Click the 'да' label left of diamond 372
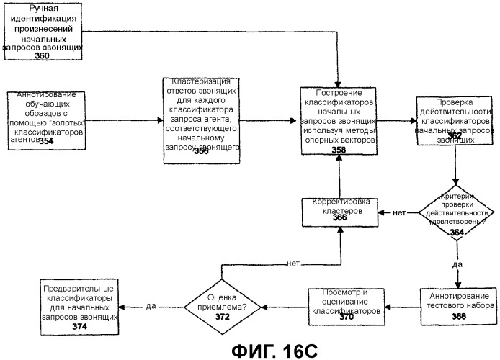tap(150, 305)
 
